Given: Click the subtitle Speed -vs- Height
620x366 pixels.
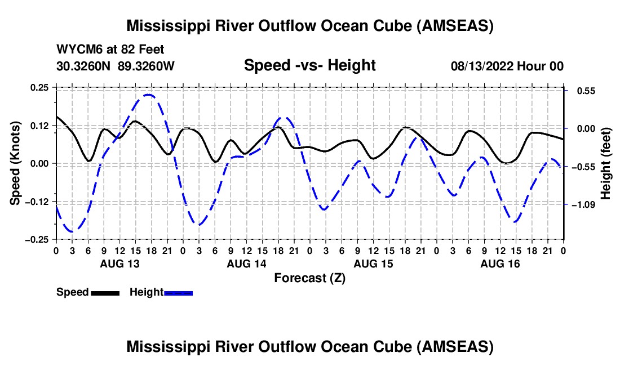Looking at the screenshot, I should click(309, 66).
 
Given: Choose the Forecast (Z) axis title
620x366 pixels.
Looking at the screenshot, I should click(309, 278).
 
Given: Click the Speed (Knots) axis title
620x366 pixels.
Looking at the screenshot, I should click(17, 163).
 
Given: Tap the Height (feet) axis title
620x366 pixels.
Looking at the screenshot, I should click(606, 163).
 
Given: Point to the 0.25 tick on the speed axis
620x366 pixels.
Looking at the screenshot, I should click(41, 87).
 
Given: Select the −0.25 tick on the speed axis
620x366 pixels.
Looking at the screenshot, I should click(38, 239).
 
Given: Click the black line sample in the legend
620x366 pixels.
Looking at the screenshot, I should click(105, 293).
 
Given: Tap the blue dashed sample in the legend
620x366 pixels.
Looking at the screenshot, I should click(178, 293).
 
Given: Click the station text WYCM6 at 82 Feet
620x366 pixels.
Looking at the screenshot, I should click(110, 50).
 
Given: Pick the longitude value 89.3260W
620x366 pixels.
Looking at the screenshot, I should click(147, 66).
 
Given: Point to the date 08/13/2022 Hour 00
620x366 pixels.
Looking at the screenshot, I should click(507, 66).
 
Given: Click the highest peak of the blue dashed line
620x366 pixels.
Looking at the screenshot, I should click(148, 95).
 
